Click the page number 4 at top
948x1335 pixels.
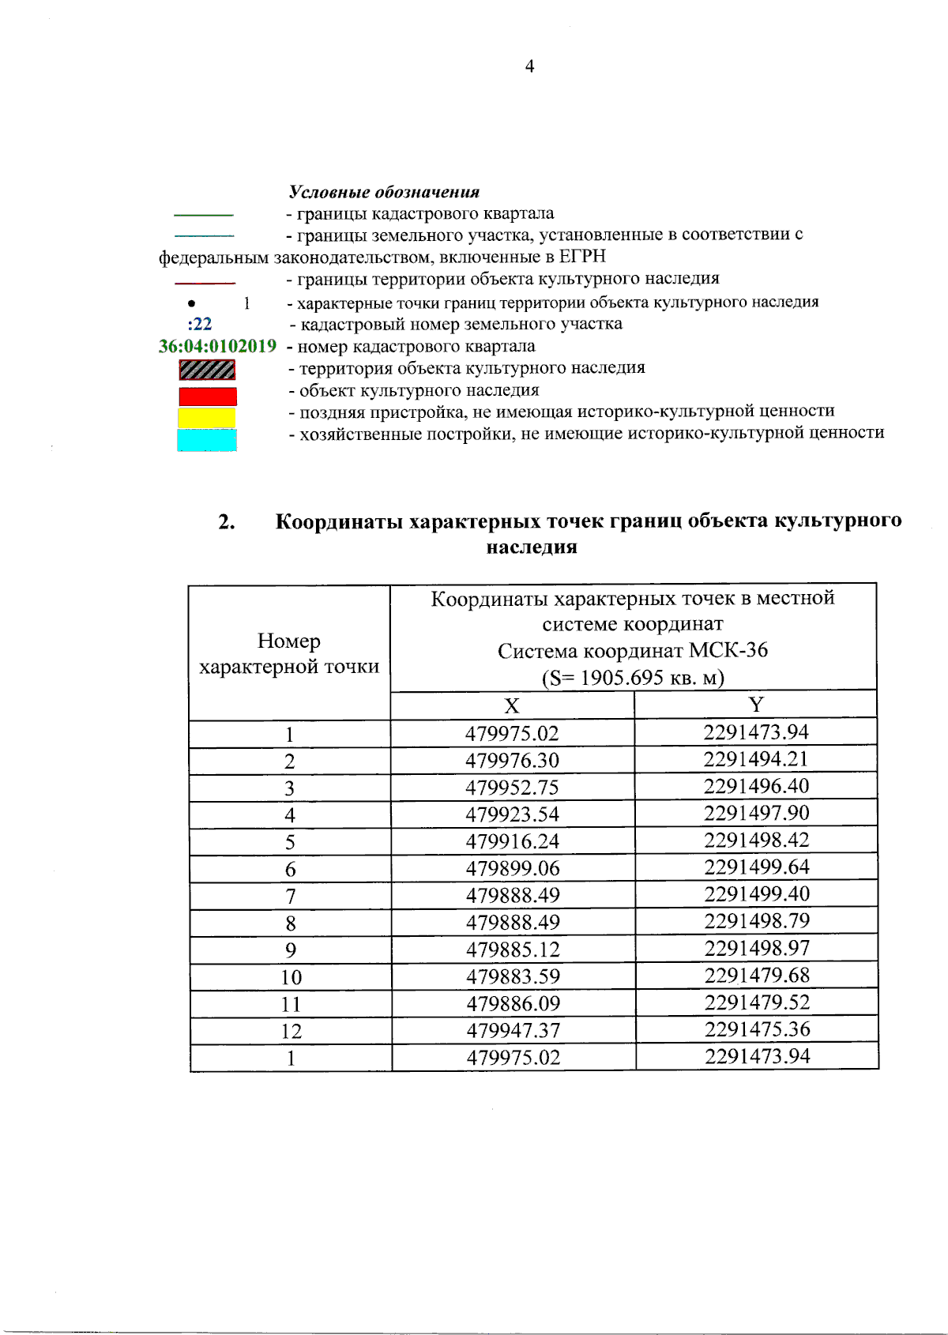pos(529,67)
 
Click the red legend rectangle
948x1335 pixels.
pos(208,397)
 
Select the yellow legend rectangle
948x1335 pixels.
pos(207,418)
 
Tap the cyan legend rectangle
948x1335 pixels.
pos(207,440)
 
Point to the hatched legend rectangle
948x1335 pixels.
pos(207,370)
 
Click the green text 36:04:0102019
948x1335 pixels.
pos(217,346)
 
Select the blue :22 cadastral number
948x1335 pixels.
pos(200,324)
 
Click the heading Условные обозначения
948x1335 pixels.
pos(384,192)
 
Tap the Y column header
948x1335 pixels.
pos(756,705)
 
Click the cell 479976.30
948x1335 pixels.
pos(512,761)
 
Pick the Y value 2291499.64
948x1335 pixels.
pos(757,867)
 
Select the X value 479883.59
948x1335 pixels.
pos(513,976)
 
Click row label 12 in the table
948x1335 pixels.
pos(291,1031)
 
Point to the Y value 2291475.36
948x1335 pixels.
pos(757,1029)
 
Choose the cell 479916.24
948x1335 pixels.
pos(512,841)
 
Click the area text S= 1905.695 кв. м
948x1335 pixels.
pos(633,678)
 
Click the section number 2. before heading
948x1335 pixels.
pos(227,522)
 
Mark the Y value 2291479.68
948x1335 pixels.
pos(757,975)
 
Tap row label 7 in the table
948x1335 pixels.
pos(291,897)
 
